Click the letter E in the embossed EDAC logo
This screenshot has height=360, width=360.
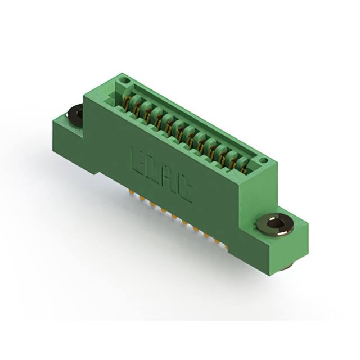click(137, 160)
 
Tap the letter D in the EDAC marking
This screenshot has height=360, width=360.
click(152, 170)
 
